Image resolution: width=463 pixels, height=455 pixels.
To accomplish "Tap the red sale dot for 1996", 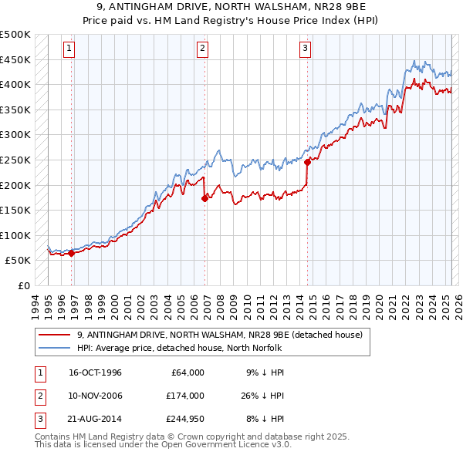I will [72, 253].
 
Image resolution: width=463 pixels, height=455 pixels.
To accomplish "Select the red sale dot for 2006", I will [204, 198].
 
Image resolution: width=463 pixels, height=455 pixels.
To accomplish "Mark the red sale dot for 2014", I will [307, 162].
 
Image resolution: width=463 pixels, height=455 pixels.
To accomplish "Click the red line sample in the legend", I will [54, 335].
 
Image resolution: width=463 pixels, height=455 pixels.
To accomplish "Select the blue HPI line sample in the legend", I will [54, 347].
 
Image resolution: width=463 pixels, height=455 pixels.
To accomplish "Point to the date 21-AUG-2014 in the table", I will [96, 419].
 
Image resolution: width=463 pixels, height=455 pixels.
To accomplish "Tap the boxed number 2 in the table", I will [39, 395].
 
